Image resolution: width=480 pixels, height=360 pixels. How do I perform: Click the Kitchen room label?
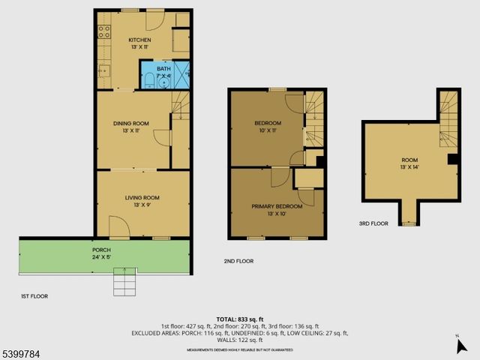(139, 43)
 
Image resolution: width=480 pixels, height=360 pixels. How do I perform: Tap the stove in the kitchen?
(104, 32)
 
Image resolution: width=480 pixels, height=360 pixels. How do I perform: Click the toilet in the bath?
(148, 79)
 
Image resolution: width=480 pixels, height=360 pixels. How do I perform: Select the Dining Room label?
(130, 127)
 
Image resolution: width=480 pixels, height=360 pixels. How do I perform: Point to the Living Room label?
(142, 201)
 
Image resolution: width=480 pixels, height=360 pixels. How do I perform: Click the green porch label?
(102, 253)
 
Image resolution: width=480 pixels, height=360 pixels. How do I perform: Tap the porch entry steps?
(124, 283)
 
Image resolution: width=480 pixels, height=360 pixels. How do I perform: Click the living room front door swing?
(118, 226)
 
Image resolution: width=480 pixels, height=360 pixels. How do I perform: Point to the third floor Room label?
(409, 163)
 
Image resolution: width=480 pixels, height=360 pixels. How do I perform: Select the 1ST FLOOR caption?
(34, 296)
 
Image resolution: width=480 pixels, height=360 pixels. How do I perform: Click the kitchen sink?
(105, 71)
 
